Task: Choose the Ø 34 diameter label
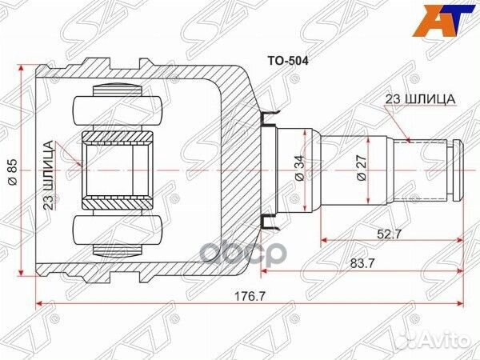pyautogui.click(x=298, y=167)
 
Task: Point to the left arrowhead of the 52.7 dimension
pyautogui.click(x=324, y=239)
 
